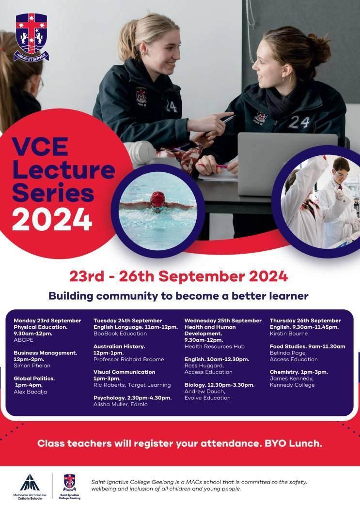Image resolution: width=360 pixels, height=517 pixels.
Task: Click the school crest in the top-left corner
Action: [31, 37]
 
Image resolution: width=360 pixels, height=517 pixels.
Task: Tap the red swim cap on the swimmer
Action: [158, 198]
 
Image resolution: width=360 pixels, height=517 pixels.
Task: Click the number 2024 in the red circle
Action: [52, 219]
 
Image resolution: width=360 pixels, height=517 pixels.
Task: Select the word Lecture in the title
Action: [63, 170]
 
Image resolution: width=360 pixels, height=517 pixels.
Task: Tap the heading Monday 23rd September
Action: [47, 320]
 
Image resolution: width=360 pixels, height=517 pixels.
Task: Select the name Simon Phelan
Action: [32, 365]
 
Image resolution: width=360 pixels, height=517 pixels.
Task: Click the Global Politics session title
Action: [34, 379]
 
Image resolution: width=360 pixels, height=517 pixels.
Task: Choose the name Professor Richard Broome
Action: [129, 359]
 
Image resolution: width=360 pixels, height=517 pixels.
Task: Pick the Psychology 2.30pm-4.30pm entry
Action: [133, 398]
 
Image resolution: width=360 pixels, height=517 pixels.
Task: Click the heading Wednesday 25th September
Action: [223, 320]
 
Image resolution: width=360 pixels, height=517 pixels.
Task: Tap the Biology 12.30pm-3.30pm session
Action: [219, 385]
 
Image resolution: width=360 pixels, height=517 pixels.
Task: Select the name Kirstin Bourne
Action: [289, 334]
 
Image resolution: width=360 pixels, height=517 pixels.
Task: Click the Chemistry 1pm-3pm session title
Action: [299, 372]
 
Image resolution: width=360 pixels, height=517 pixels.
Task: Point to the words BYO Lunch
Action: [293, 443]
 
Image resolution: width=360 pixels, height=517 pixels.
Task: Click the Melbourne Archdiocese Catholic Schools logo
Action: [30, 487]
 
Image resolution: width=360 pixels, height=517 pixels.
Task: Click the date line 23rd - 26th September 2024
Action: [178, 276]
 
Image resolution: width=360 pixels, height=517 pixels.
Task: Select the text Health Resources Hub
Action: [215, 347]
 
